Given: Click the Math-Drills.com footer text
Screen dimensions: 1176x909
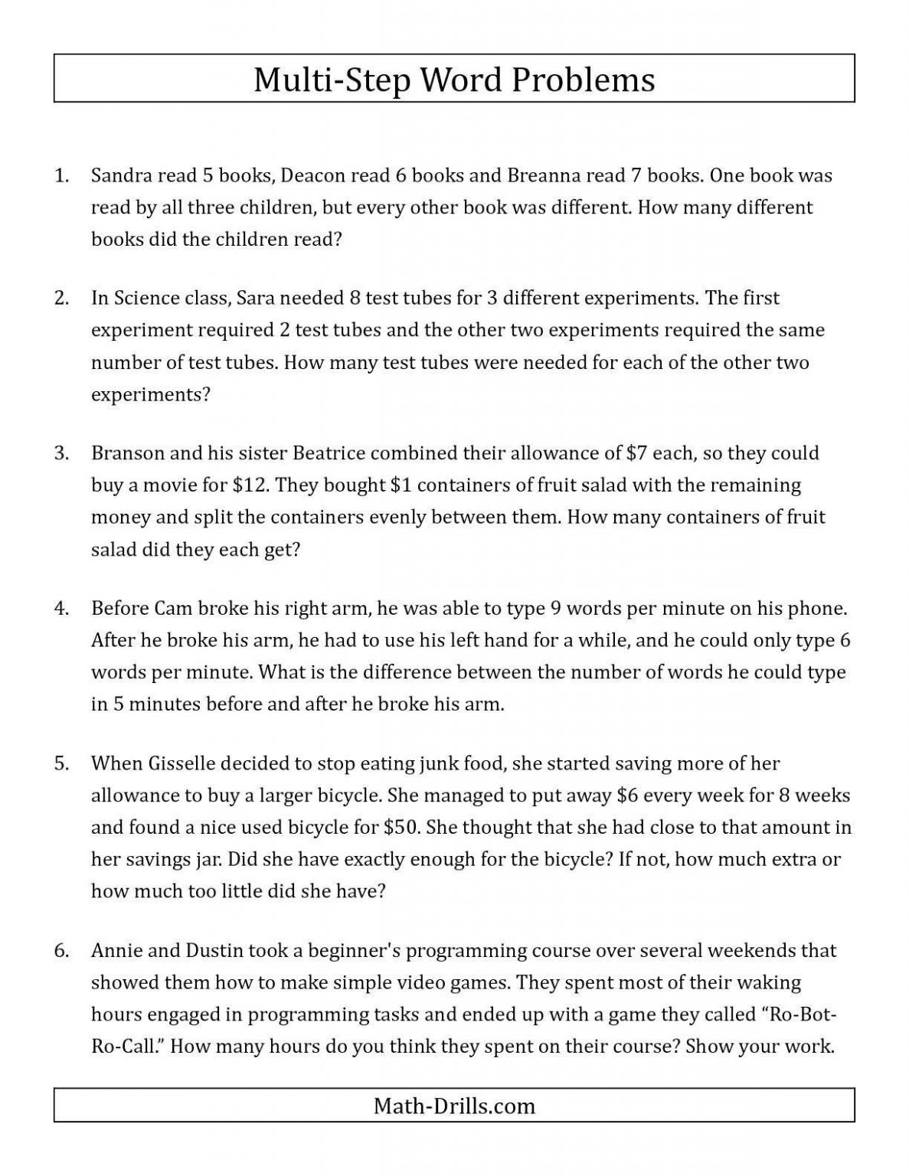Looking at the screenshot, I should (454, 1106).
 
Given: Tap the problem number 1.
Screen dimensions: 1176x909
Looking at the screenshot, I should (61, 175).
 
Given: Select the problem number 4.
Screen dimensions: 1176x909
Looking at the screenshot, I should (61, 609).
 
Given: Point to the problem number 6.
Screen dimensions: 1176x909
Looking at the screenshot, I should (61, 951).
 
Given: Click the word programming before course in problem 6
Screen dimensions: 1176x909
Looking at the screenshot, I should (458, 952).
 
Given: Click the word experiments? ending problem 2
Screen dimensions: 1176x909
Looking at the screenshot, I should (150, 395).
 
